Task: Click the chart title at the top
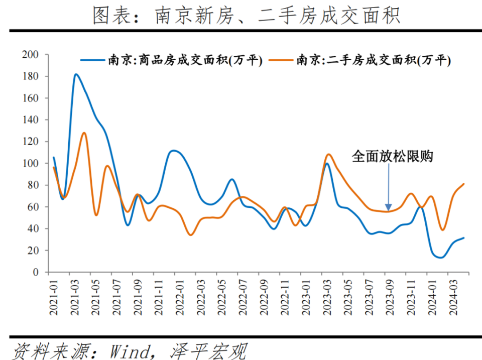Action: tap(246, 16)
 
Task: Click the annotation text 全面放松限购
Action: tap(392, 156)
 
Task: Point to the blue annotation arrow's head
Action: tap(388, 208)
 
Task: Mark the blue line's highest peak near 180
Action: tap(76, 74)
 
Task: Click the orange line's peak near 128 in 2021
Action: tap(84, 133)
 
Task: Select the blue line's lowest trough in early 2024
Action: tap(441, 258)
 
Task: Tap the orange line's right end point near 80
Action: tap(463, 184)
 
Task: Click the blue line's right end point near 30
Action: tap(463, 238)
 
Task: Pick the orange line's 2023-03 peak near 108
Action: tap(328, 154)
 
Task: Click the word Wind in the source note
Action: tap(132, 349)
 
